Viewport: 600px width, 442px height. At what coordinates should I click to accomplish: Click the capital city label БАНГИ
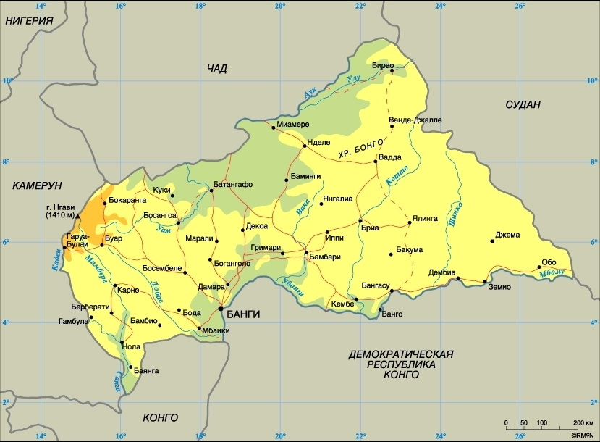point(243,314)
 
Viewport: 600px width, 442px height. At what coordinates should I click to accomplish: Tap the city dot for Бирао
point(392,71)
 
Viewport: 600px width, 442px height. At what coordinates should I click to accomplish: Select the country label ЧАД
point(217,69)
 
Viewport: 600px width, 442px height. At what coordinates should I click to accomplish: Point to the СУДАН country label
point(523,105)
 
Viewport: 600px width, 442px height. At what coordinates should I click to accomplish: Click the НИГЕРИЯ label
point(30,21)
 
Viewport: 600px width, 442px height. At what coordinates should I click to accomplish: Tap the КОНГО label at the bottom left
point(161,417)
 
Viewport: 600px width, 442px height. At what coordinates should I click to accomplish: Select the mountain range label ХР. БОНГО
point(360,150)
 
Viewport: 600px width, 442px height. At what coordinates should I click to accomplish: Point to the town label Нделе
point(319,143)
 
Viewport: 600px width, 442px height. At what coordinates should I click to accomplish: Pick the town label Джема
point(508,234)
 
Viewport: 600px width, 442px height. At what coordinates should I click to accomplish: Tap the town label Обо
point(549,262)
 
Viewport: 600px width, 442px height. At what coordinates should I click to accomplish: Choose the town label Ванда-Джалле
point(415,120)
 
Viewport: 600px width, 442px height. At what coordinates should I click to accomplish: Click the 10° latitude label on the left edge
point(7,81)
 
